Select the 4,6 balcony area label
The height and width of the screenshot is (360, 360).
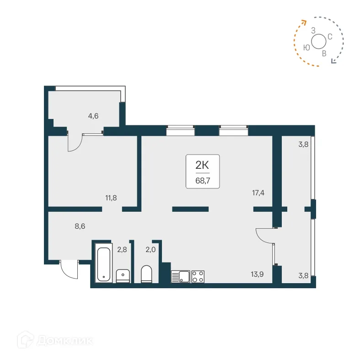93,116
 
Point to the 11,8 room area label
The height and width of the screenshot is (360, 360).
112,198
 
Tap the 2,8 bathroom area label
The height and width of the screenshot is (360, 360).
122,249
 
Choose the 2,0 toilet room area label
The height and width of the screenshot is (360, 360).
150,249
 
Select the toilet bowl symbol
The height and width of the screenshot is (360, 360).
146,274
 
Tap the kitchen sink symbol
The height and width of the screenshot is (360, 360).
181,276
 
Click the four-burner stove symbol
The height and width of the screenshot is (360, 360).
198,276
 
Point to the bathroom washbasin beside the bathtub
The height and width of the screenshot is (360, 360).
123,276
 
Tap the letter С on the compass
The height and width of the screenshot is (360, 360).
329,36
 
